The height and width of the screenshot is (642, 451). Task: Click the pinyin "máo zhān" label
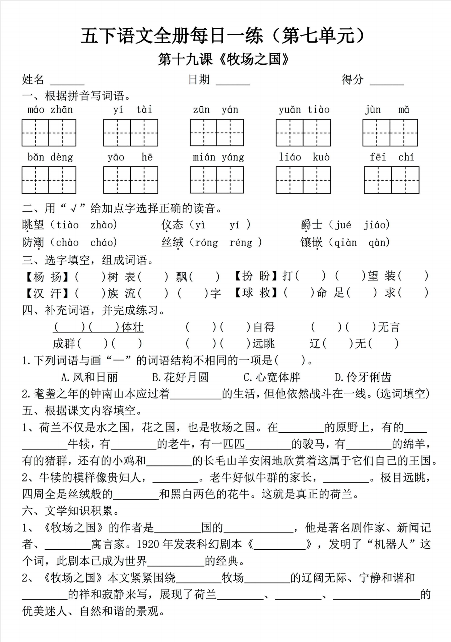(x=50, y=110)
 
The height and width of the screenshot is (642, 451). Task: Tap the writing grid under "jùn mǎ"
(x=390, y=133)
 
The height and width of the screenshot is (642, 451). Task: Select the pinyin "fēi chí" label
(x=392, y=157)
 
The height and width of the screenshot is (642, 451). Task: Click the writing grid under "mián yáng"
(x=217, y=180)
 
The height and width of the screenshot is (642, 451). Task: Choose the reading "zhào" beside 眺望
(x=103, y=225)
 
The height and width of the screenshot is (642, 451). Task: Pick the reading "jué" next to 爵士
(x=343, y=225)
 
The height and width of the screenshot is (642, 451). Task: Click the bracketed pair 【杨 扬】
(x=47, y=277)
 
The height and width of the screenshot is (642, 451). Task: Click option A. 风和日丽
(x=89, y=377)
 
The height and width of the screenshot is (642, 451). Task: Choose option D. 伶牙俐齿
(x=363, y=377)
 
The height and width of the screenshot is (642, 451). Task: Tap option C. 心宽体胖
(x=272, y=377)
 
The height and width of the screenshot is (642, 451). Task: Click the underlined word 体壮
(x=132, y=327)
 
